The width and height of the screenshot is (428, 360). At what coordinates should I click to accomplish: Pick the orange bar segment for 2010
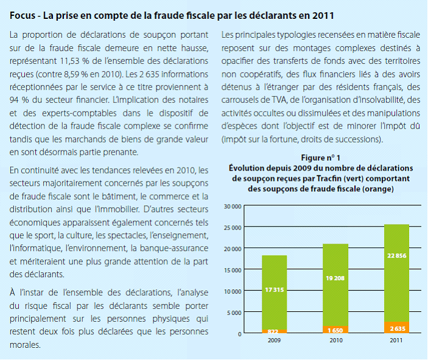335,330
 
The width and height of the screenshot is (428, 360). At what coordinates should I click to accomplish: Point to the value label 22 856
396,256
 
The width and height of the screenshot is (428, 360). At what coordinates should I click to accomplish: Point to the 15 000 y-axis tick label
233,270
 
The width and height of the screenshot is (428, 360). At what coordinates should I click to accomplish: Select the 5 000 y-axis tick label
235,312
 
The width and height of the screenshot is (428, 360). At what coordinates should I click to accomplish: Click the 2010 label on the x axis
335,340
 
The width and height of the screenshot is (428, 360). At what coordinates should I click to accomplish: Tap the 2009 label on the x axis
275,340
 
